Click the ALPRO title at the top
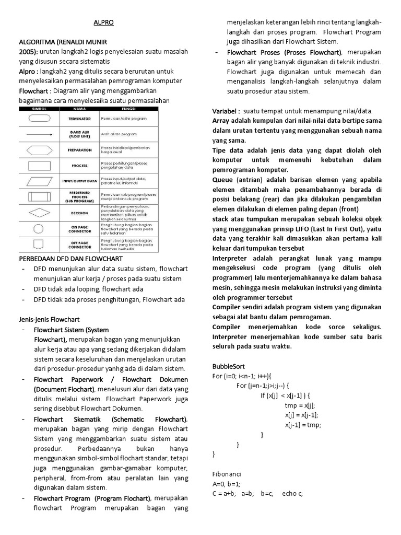[x=103, y=23]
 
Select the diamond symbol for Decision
[x=39, y=213]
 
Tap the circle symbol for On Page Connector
[x=39, y=228]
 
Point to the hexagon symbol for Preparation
[x=39, y=149]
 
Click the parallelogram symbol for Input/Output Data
[x=39, y=181]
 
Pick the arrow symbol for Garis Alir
[x=39, y=134]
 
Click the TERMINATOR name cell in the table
[x=79, y=119]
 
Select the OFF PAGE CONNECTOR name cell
[x=79, y=244]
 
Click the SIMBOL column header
[x=39, y=109]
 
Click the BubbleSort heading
[x=229, y=366]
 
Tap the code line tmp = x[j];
[x=300, y=405]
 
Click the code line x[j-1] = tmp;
[x=303, y=425]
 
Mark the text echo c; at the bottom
[x=292, y=493]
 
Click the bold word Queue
[x=223, y=180]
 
